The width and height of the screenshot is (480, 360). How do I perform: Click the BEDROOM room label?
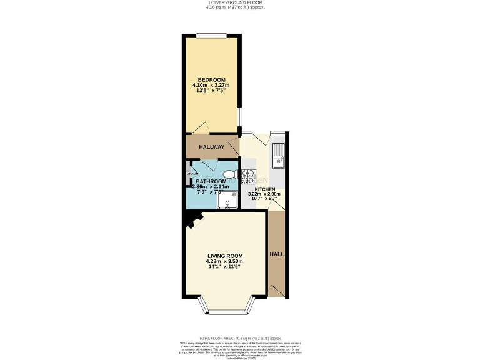tap(211, 79)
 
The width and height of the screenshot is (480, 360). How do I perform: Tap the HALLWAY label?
tap(211, 147)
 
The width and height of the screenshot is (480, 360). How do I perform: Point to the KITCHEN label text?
tap(264, 188)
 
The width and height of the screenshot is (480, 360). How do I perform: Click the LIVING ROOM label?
tap(225, 255)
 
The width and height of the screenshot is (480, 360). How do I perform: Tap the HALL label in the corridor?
tap(276, 255)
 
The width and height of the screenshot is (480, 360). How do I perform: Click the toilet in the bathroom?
tap(229, 174)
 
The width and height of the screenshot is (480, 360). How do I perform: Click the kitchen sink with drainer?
tap(277, 156)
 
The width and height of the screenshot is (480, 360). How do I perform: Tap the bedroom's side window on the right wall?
tap(239, 117)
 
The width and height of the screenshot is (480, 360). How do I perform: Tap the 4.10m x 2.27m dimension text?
tap(211, 86)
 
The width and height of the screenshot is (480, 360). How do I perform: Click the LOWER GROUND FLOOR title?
tap(239, 3)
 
